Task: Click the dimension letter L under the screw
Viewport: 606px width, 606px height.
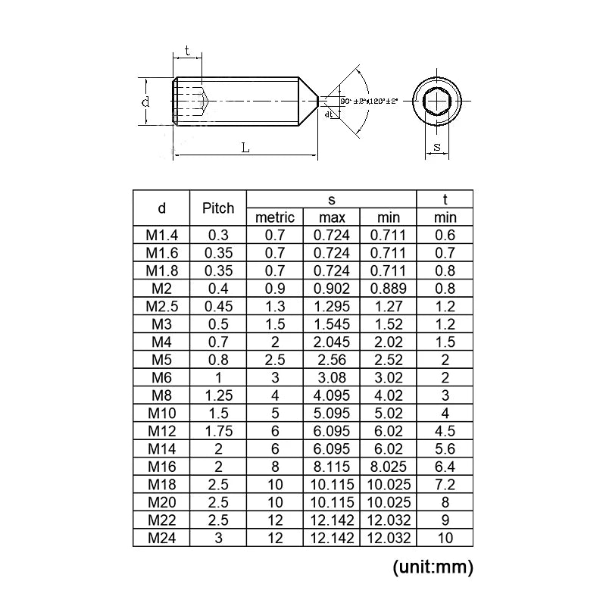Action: point(245,148)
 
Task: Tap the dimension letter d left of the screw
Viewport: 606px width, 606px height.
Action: point(145,102)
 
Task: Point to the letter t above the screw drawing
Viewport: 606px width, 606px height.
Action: point(187,53)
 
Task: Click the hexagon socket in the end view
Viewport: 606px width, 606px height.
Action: point(437,102)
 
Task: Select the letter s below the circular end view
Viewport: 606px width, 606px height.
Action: point(437,145)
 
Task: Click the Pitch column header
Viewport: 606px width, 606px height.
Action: point(218,208)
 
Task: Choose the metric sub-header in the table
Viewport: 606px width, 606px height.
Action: point(275,218)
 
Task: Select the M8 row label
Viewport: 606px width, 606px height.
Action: point(161,395)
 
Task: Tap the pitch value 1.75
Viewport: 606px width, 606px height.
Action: point(218,430)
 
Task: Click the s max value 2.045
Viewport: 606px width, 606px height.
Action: point(331,342)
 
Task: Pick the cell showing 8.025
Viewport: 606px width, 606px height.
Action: point(389,466)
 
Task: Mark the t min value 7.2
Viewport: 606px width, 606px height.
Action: point(445,483)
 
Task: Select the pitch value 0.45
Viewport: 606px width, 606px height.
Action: point(218,306)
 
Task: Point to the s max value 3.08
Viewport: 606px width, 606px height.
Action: point(331,377)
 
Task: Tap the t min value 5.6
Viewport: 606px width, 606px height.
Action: point(445,448)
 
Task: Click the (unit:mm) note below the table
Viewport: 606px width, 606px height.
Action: point(433,567)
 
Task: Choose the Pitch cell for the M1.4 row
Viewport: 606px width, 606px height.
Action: point(218,236)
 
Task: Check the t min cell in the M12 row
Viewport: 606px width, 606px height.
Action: point(445,430)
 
